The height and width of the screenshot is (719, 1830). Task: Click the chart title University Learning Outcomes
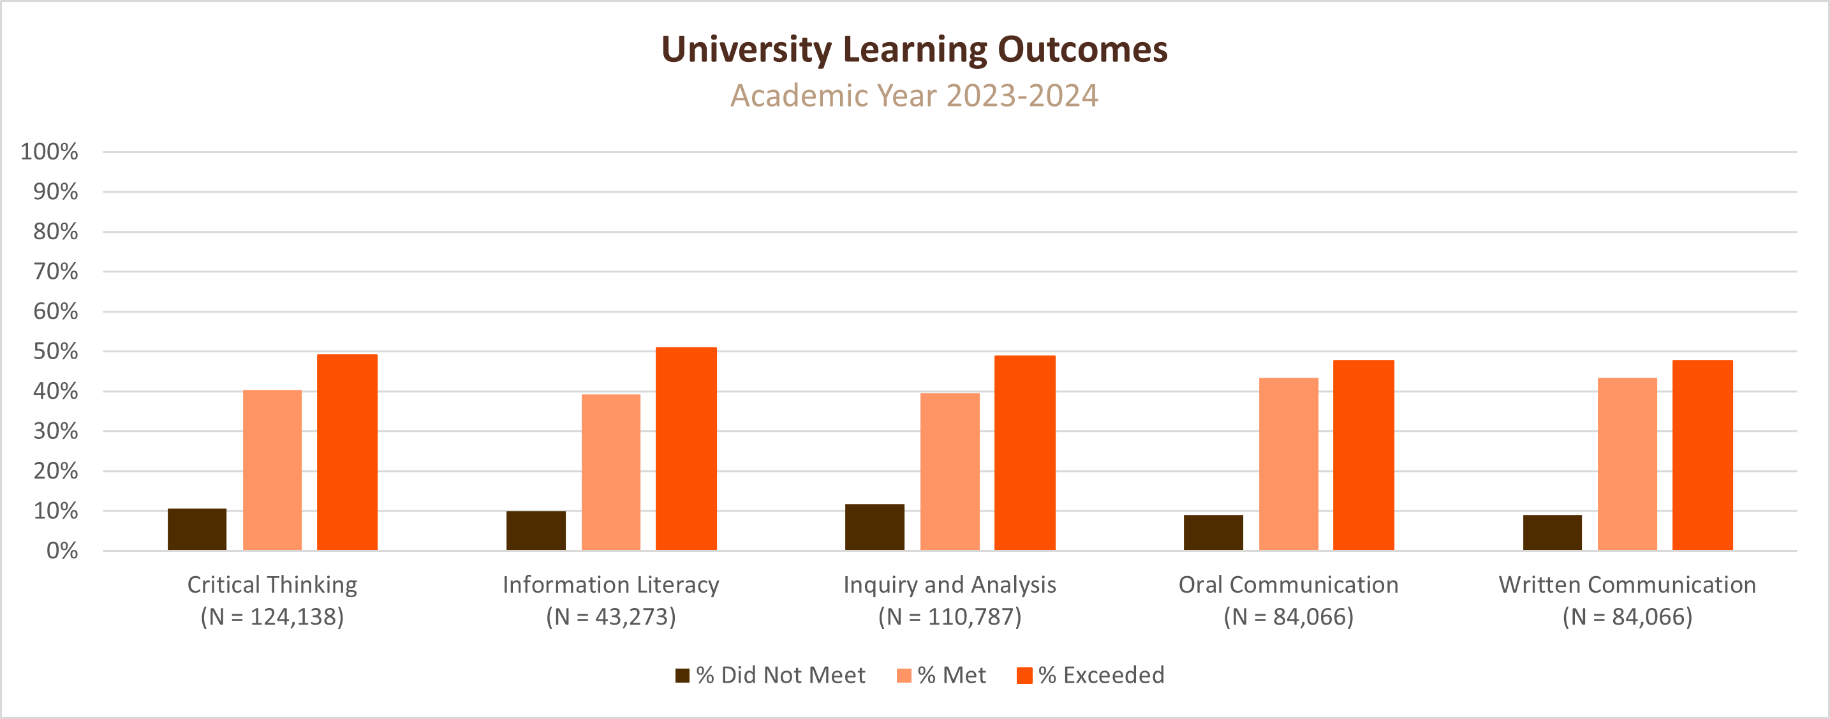pyautogui.click(x=914, y=50)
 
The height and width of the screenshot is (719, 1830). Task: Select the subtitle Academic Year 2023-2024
pyautogui.click(x=914, y=96)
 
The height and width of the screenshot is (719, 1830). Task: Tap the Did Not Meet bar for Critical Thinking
pyautogui.click(x=197, y=530)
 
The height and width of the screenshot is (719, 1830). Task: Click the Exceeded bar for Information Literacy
pyautogui.click(x=686, y=449)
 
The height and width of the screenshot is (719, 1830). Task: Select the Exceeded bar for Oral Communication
pyautogui.click(x=1363, y=456)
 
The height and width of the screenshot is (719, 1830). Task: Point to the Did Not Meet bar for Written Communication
pyautogui.click(x=1553, y=532)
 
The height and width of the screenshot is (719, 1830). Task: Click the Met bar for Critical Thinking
pyautogui.click(x=272, y=470)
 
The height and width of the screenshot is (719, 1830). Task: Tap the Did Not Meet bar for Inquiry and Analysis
pyautogui.click(x=874, y=527)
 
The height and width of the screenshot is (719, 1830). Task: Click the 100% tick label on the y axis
pyautogui.click(x=49, y=152)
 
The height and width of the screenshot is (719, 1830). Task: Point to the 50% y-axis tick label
pyautogui.click(x=55, y=352)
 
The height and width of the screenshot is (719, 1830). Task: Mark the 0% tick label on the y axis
pyautogui.click(x=62, y=551)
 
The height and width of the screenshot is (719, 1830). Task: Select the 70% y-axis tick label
pyautogui.click(x=55, y=271)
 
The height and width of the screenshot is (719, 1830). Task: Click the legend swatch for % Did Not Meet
pyautogui.click(x=682, y=676)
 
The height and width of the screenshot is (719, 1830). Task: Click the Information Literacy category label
pyautogui.click(x=611, y=585)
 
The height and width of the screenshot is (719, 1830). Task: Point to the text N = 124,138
pyautogui.click(x=272, y=617)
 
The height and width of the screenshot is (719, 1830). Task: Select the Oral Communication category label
pyautogui.click(x=1288, y=585)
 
